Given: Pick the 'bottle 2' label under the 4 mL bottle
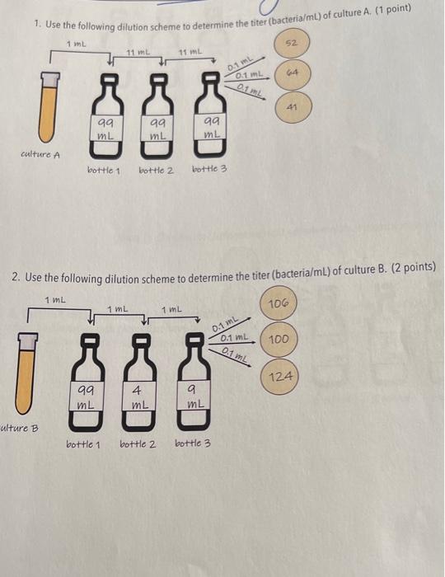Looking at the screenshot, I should (138, 443).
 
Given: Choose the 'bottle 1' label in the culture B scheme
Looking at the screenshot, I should (84, 443).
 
